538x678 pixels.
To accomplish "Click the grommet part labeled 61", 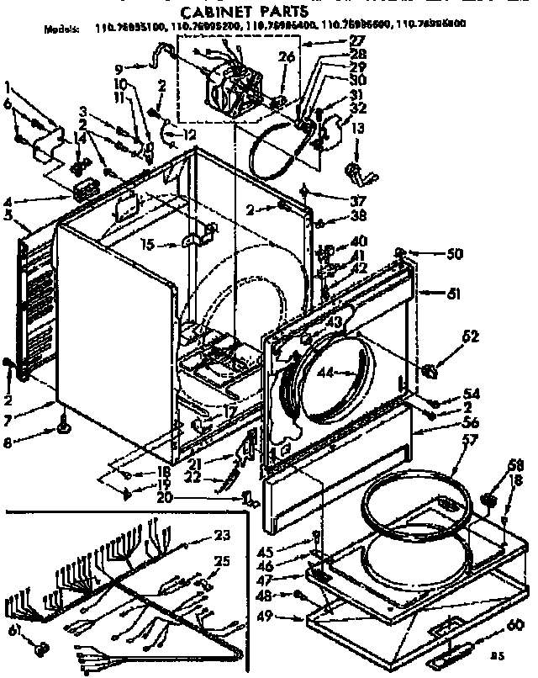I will coord(40,648).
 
